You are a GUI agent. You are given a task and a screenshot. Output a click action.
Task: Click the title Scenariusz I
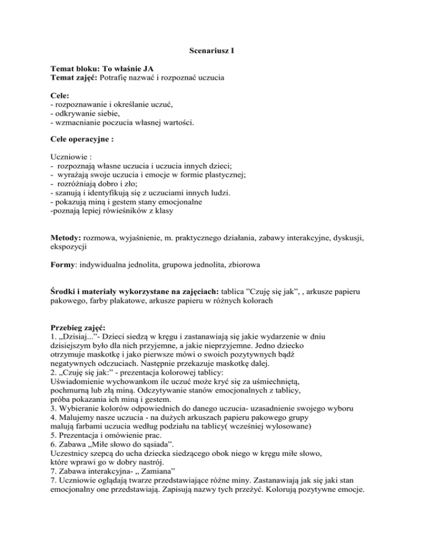pos(211,56)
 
